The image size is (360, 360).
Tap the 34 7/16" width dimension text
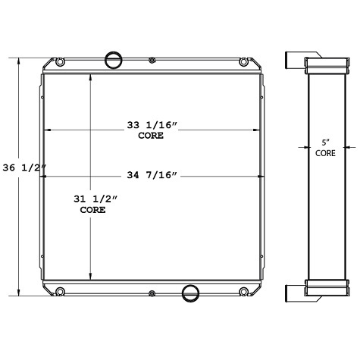pos(152,177)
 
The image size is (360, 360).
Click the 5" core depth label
pos(326,142)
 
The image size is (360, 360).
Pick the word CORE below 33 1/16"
pos(152,136)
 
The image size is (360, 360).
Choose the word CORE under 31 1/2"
pos(92,210)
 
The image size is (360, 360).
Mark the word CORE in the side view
pos(326,152)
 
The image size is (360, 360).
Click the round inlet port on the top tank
pos(112,58)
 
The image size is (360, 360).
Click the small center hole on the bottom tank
pos(152,293)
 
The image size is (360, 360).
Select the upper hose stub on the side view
pos(294,59)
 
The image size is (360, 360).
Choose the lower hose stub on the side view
pos(294,292)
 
